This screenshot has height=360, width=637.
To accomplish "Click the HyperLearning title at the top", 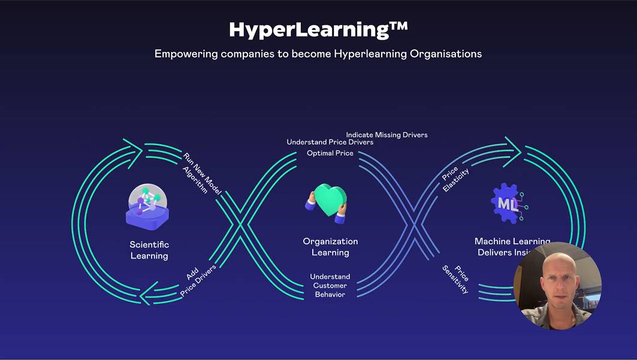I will (x=312, y=29).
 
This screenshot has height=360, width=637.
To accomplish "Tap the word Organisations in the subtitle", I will (x=446, y=54).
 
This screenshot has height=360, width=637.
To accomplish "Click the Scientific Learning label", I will (x=149, y=250).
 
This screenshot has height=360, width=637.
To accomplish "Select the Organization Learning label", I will (x=330, y=247).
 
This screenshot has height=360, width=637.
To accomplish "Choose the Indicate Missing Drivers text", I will (x=387, y=135).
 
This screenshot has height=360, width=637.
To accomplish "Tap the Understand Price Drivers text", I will (x=330, y=143).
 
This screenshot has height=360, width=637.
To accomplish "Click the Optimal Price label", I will (x=330, y=153).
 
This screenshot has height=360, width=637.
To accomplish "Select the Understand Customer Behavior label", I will (x=330, y=285).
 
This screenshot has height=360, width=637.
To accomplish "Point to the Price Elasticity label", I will (x=455, y=179).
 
